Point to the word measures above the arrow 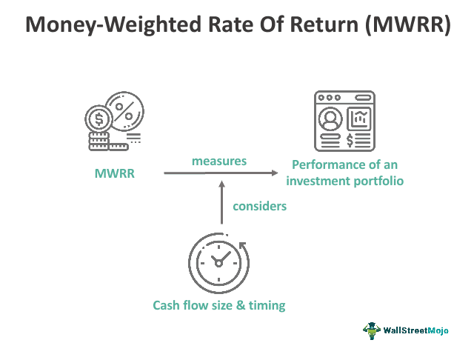[x=219, y=160]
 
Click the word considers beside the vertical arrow [x=259, y=206]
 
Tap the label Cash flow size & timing [x=218, y=304]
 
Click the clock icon [x=217, y=261]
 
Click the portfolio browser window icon [x=344, y=121]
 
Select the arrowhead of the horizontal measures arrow [x=281, y=173]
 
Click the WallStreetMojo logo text [x=422, y=330]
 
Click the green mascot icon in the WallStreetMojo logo [x=371, y=330]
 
